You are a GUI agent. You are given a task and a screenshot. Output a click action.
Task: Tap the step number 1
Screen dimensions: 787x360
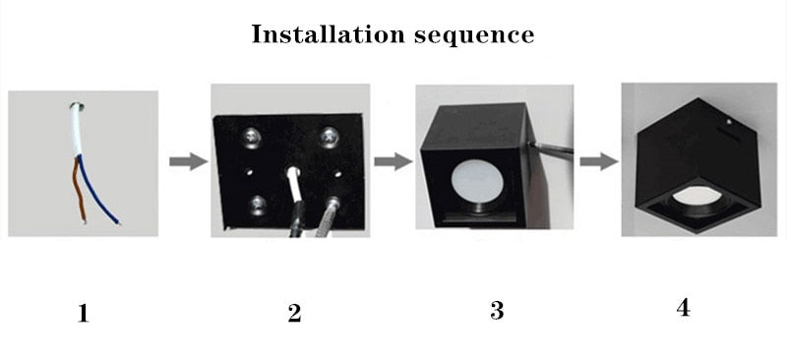click(x=84, y=314)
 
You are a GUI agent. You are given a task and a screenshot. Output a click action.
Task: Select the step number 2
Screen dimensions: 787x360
click(x=294, y=313)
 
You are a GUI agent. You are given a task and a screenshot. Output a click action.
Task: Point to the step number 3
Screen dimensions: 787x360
click(x=497, y=310)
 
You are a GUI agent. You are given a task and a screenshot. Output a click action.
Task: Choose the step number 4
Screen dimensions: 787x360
click(x=683, y=307)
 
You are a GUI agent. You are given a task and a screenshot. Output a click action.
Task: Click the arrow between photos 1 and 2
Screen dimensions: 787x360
click(x=188, y=161)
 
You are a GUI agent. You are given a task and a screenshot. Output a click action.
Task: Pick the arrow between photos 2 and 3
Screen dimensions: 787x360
click(x=393, y=161)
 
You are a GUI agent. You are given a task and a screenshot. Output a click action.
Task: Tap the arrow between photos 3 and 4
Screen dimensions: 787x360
click(x=599, y=161)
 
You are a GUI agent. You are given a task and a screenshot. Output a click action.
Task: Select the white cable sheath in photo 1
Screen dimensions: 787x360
click(x=77, y=130)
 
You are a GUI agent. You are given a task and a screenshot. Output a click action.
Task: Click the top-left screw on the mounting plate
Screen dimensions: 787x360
click(x=251, y=136)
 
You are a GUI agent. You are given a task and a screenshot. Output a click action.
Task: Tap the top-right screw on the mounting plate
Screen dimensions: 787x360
click(x=330, y=136)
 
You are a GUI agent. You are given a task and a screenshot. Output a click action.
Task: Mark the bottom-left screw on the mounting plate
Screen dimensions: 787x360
click(x=258, y=204)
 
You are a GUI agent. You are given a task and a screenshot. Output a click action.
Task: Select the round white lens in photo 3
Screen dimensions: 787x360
click(x=477, y=182)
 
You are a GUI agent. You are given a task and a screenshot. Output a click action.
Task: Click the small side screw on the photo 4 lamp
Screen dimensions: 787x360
click(x=728, y=121)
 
